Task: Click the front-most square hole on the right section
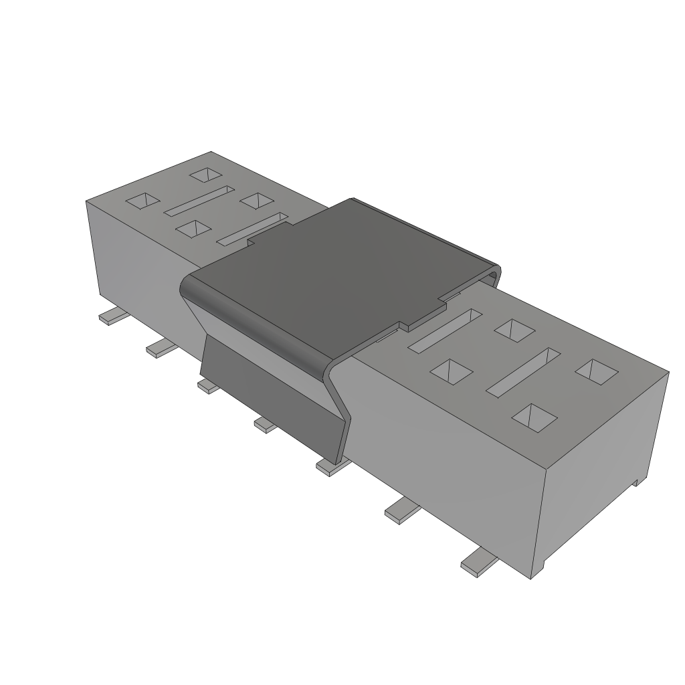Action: (534, 417)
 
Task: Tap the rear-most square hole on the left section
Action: (205, 175)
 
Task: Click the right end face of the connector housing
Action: (602, 468)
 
